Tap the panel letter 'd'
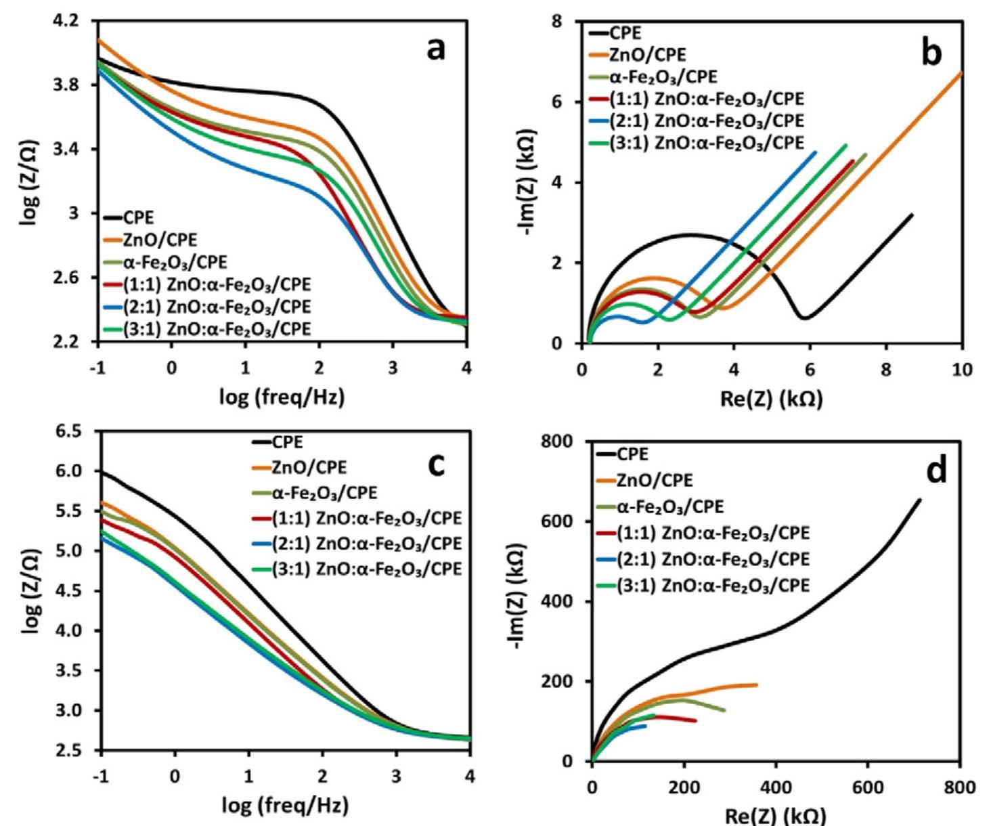(x=936, y=471)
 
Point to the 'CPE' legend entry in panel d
(x=633, y=454)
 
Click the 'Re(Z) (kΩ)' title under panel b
(x=772, y=399)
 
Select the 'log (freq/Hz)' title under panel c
(x=286, y=806)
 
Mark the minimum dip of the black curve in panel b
(x=803, y=317)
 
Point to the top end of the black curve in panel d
(x=919, y=500)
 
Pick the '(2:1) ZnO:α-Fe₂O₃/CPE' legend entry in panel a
(x=217, y=307)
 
